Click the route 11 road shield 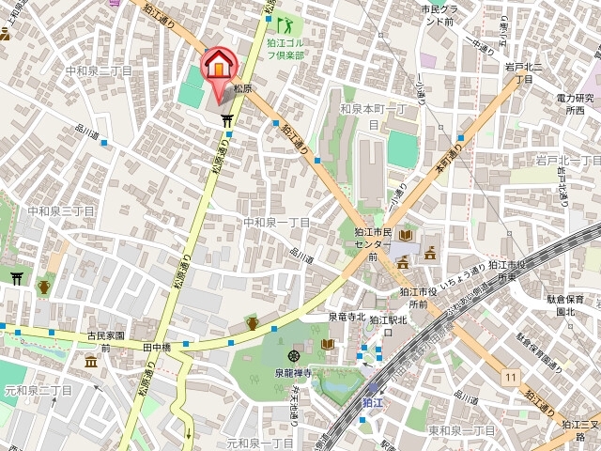(x=510, y=377)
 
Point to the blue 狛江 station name (x=373, y=402)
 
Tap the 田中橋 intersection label (x=157, y=347)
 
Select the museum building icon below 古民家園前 (x=91, y=362)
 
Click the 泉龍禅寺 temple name (x=292, y=373)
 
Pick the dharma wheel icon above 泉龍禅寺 (x=294, y=356)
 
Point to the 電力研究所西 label (x=575, y=104)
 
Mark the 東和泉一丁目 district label (x=461, y=429)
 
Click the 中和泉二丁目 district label (x=99, y=70)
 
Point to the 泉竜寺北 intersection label (x=347, y=318)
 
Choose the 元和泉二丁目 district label (x=38, y=389)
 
